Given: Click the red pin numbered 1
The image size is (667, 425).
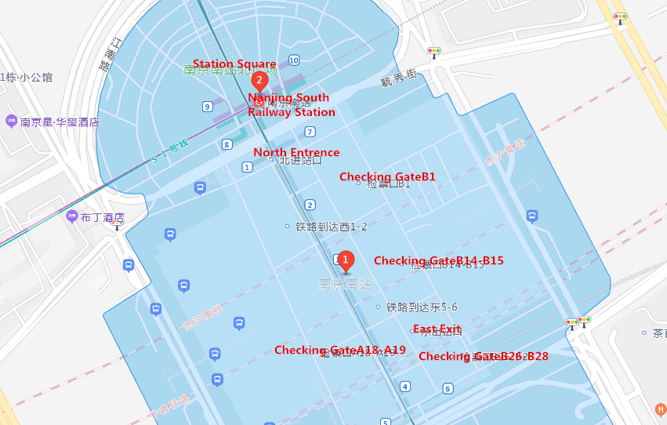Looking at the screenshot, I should (x=345, y=260).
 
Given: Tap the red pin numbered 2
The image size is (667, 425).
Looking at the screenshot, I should (x=259, y=80).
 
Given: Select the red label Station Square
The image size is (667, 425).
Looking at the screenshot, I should (x=234, y=64).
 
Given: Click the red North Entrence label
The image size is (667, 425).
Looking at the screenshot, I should (x=296, y=152).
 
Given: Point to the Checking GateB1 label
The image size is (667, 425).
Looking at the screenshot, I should (x=387, y=177).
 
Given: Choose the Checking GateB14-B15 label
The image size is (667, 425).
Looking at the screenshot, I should (x=438, y=260).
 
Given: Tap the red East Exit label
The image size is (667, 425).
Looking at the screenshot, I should (x=437, y=329).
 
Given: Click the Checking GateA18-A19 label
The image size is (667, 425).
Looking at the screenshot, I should (x=340, y=350).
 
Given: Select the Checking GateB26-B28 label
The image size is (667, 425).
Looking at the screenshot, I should (x=484, y=356).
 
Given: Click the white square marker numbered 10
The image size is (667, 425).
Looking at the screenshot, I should (x=294, y=60).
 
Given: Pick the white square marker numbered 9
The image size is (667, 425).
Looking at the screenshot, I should (x=207, y=107).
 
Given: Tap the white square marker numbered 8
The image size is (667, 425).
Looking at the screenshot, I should (x=227, y=144).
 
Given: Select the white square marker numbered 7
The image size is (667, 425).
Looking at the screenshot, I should (x=310, y=132).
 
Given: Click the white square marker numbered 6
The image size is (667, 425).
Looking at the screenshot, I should (x=448, y=388).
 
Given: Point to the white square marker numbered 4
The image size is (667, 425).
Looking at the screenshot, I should (x=404, y=386).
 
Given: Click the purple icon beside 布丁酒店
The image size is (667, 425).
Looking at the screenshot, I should (x=72, y=216).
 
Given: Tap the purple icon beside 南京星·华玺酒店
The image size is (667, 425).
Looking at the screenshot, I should (x=11, y=122).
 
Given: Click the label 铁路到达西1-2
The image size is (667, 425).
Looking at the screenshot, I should (x=331, y=227).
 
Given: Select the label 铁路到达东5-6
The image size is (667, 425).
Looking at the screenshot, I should (x=422, y=307).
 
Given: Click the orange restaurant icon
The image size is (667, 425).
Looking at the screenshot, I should (x=661, y=409).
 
